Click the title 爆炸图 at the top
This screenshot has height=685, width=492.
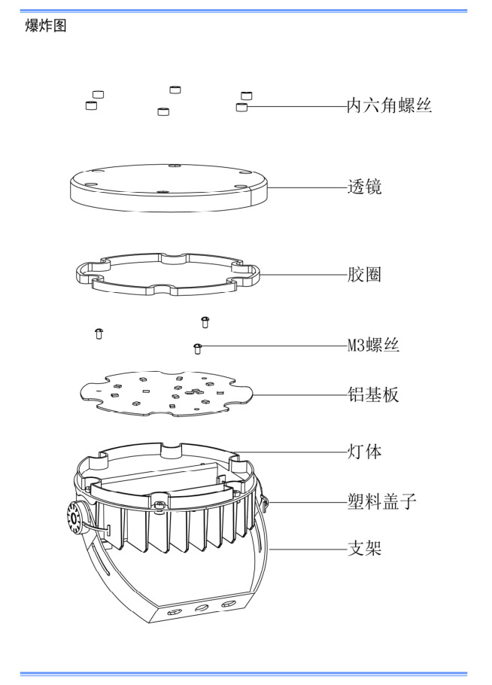coord(46,26)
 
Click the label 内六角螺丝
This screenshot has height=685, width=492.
coord(389,106)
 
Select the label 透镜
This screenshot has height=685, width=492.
coord(364,187)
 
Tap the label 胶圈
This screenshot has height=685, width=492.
coord(364,274)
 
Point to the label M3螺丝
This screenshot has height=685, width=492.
coord(372,346)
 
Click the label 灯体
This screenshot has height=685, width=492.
coord(364,452)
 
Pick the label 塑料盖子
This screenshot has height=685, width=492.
coord(381,499)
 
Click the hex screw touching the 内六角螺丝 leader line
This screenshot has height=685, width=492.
coord(241,108)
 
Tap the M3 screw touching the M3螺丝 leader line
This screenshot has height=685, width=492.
coord(198,348)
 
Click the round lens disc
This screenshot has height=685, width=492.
coord(169,188)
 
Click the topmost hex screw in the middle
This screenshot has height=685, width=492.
coord(175,90)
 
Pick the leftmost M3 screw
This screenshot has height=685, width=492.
coord(99,333)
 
